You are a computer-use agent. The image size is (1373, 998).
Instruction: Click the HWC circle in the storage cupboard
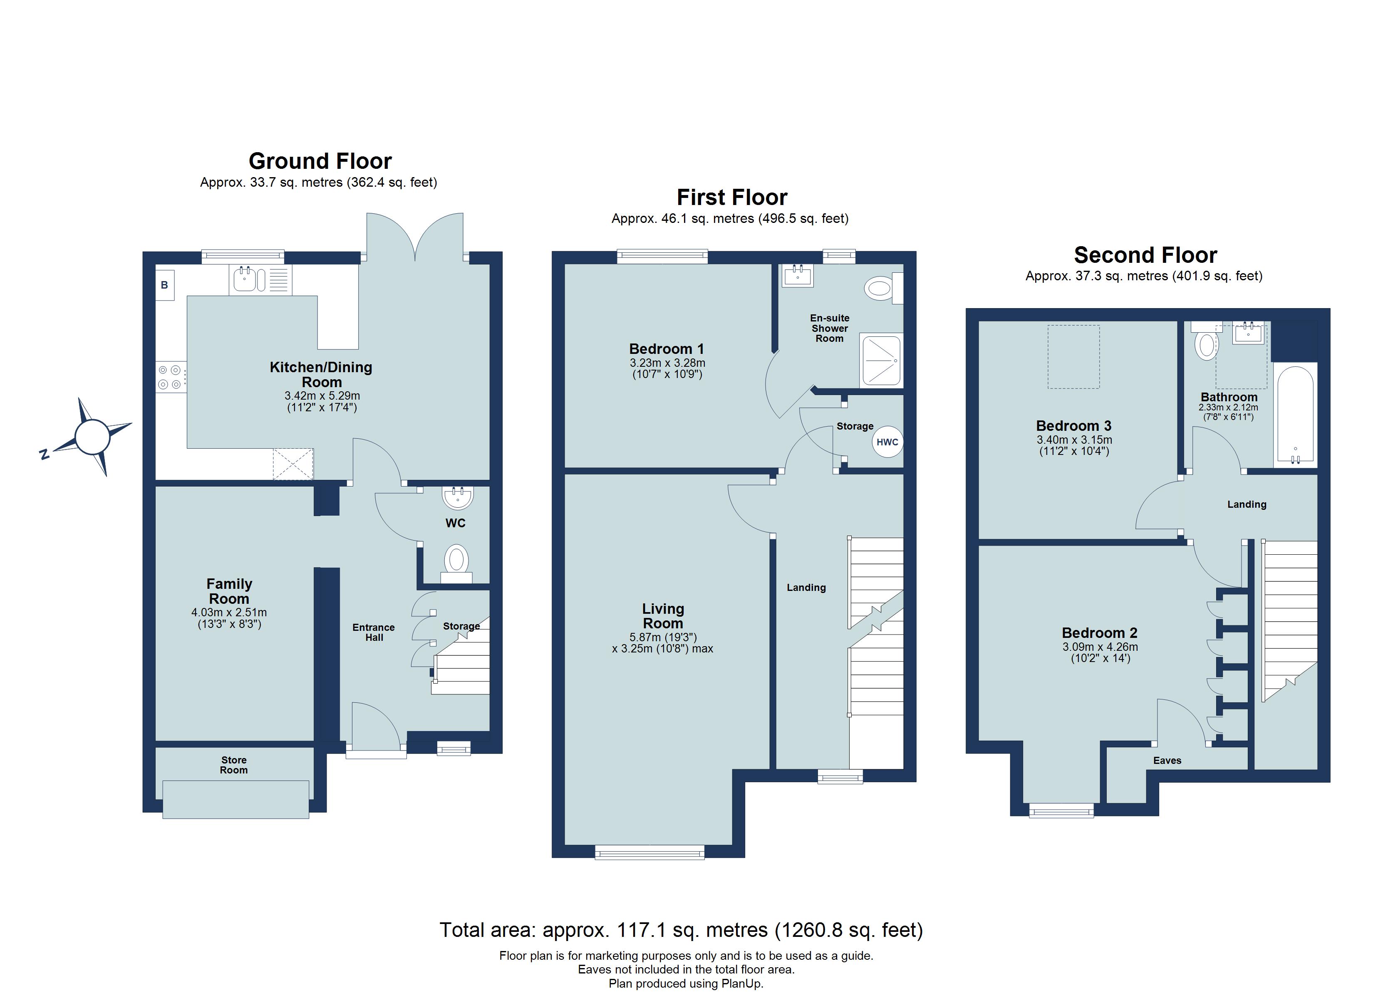pyautogui.click(x=887, y=442)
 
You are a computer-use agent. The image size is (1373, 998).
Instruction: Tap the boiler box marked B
pyautogui.click(x=165, y=285)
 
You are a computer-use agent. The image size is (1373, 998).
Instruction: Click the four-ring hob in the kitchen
pyautogui.click(x=171, y=376)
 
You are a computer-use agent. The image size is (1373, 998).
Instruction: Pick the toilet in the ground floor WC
pyautogui.click(x=456, y=563)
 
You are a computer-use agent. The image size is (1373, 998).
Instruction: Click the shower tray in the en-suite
pyautogui.click(x=881, y=361)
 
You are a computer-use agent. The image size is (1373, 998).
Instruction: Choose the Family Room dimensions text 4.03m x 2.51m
pyautogui.click(x=229, y=613)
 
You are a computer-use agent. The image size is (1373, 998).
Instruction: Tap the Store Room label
pyautogui.click(x=234, y=765)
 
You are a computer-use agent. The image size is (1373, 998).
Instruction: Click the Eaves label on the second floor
pyautogui.click(x=1167, y=761)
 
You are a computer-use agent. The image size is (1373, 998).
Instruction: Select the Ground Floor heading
pyautogui.click(x=320, y=161)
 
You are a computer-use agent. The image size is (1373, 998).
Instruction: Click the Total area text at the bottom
pyautogui.click(x=681, y=930)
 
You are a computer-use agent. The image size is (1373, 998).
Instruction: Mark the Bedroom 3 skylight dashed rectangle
pyautogui.click(x=1073, y=356)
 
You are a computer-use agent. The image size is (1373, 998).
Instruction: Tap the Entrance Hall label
pyautogui.click(x=374, y=632)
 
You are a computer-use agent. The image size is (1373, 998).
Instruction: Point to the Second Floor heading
pyautogui.click(x=1145, y=255)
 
